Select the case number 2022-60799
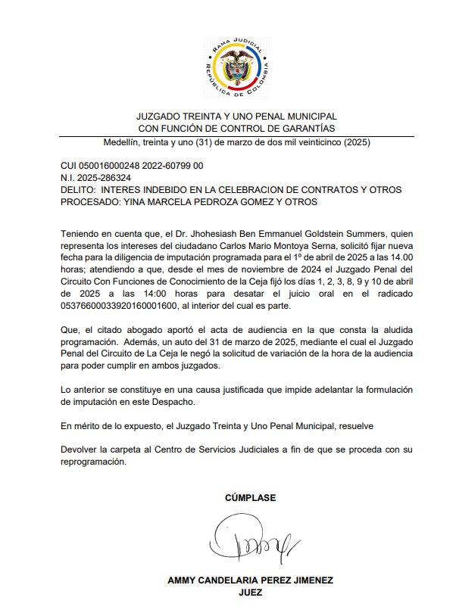point(165,165)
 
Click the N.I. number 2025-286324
point(105,177)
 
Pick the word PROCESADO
point(90,201)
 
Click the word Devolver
point(80,450)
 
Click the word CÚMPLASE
point(250,498)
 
